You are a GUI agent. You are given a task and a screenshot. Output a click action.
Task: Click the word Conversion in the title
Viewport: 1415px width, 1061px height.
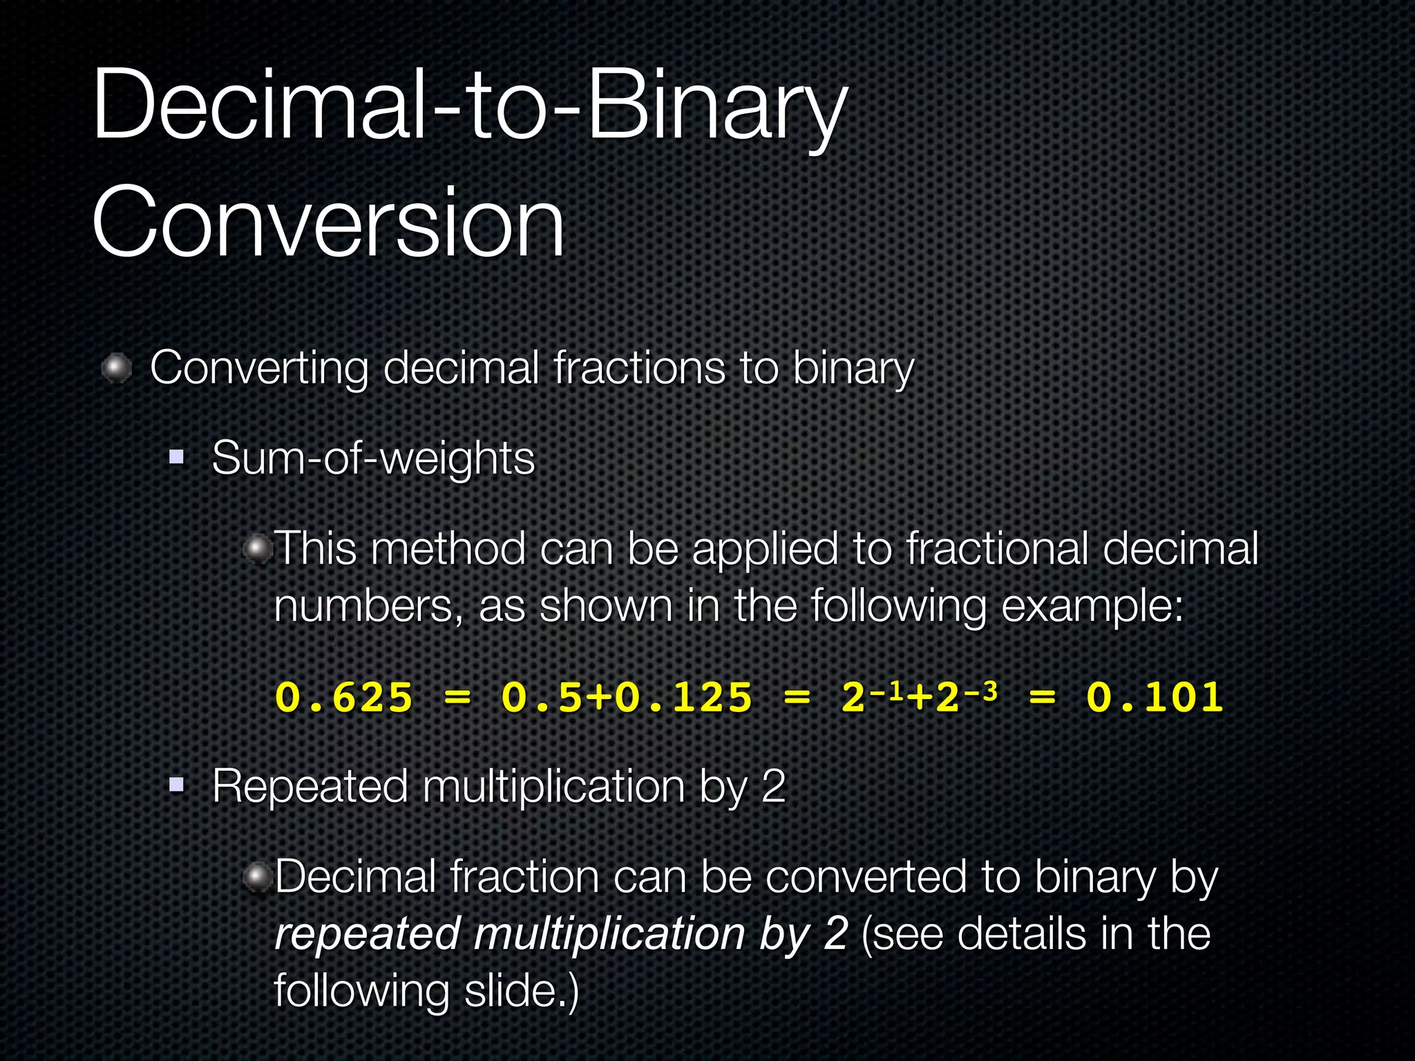tap(328, 222)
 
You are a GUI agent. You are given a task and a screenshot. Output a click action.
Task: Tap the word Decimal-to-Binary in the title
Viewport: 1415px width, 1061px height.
tap(470, 105)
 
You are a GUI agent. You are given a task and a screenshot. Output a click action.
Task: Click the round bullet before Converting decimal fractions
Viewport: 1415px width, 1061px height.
tap(117, 368)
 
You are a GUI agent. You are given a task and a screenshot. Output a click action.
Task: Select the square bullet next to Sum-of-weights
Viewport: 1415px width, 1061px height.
tap(177, 457)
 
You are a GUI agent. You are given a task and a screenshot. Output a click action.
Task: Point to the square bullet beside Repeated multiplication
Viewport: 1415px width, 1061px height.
tap(177, 785)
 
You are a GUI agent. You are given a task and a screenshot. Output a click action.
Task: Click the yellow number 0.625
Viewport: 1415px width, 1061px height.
tap(344, 697)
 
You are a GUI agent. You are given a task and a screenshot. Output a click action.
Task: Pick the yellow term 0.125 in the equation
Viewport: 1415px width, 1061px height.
tap(683, 697)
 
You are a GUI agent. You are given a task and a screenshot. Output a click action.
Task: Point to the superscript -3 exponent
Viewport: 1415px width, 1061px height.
tap(981, 690)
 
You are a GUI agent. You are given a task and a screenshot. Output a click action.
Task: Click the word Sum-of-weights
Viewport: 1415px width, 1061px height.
tap(373, 458)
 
